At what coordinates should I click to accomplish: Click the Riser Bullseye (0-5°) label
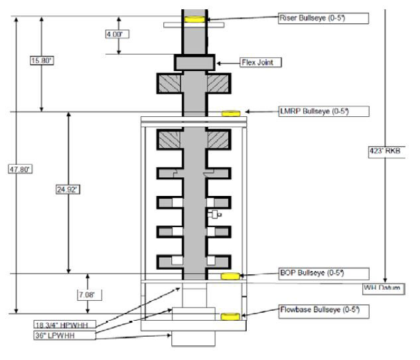322,18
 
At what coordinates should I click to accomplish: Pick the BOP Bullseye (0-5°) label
322,273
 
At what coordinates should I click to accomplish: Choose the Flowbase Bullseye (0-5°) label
323,310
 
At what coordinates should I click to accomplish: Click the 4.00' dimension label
118,35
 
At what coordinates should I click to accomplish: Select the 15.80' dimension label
42,61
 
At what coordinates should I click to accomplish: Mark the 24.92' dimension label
68,189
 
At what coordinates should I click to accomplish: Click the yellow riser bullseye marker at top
195,19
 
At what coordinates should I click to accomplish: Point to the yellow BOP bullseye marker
230,276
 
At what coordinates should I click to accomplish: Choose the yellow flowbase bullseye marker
230,316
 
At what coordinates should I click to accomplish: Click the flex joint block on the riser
194,62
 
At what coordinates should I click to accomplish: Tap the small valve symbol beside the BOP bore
214,215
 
